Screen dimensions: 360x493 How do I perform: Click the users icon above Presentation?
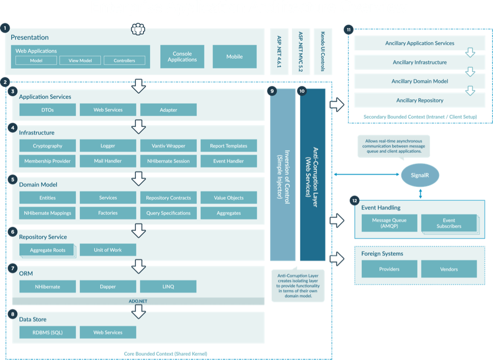pos(138,29)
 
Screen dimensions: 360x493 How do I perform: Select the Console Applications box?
pos(182,57)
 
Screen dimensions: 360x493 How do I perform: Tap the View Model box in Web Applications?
pos(80,61)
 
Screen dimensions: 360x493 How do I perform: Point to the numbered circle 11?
pos(348,30)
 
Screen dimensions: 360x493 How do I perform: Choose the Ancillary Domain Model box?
pos(420,81)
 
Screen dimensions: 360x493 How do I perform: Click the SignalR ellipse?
pos(420,176)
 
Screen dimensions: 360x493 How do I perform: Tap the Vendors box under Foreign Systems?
pos(449,269)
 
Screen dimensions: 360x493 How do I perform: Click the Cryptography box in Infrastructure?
pos(48,146)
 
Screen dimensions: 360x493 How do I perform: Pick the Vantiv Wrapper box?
pos(168,146)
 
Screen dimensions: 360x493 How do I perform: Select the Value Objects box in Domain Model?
pos(228,198)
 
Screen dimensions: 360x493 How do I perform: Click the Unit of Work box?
pos(108,250)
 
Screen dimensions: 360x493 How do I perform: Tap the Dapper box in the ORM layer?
pos(108,287)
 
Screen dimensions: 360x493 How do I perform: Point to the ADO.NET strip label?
pos(138,301)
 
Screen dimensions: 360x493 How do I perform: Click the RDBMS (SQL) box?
pos(48,333)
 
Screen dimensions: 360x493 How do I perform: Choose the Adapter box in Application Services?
pos(168,109)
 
